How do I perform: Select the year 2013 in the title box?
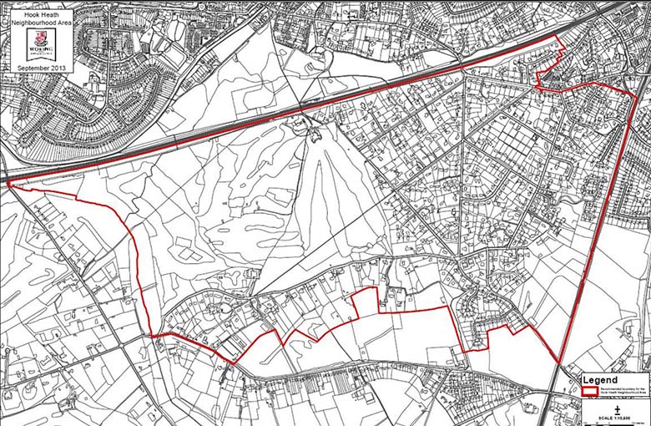pos(54,67)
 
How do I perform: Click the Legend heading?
pos(601,379)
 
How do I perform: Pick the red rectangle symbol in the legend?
pos(589,390)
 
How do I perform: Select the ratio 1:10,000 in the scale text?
pos(625,417)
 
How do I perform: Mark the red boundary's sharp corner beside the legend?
pos(558,363)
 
